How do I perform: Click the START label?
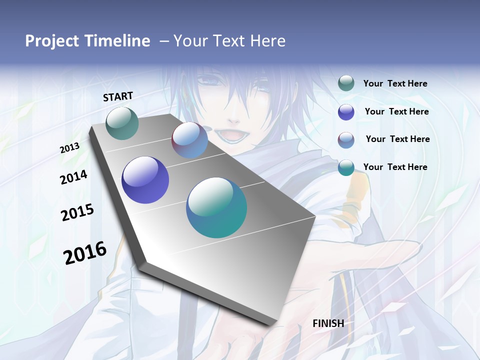click(118, 96)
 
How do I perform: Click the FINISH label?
click(328, 323)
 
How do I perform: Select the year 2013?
click(70, 147)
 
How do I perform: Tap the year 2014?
click(73, 177)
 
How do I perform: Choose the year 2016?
click(85, 252)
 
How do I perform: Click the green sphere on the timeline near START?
click(122, 123)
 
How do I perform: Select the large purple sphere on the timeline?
click(145, 180)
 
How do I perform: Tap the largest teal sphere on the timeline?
click(216, 207)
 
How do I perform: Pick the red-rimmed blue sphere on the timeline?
click(190, 140)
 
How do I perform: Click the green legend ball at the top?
click(346, 83)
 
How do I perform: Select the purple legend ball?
click(346, 112)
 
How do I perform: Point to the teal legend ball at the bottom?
click(346, 167)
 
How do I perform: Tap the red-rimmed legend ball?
click(346, 140)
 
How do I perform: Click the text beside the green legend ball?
click(395, 84)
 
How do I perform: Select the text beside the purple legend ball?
click(396, 111)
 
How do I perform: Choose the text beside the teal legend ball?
click(395, 167)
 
